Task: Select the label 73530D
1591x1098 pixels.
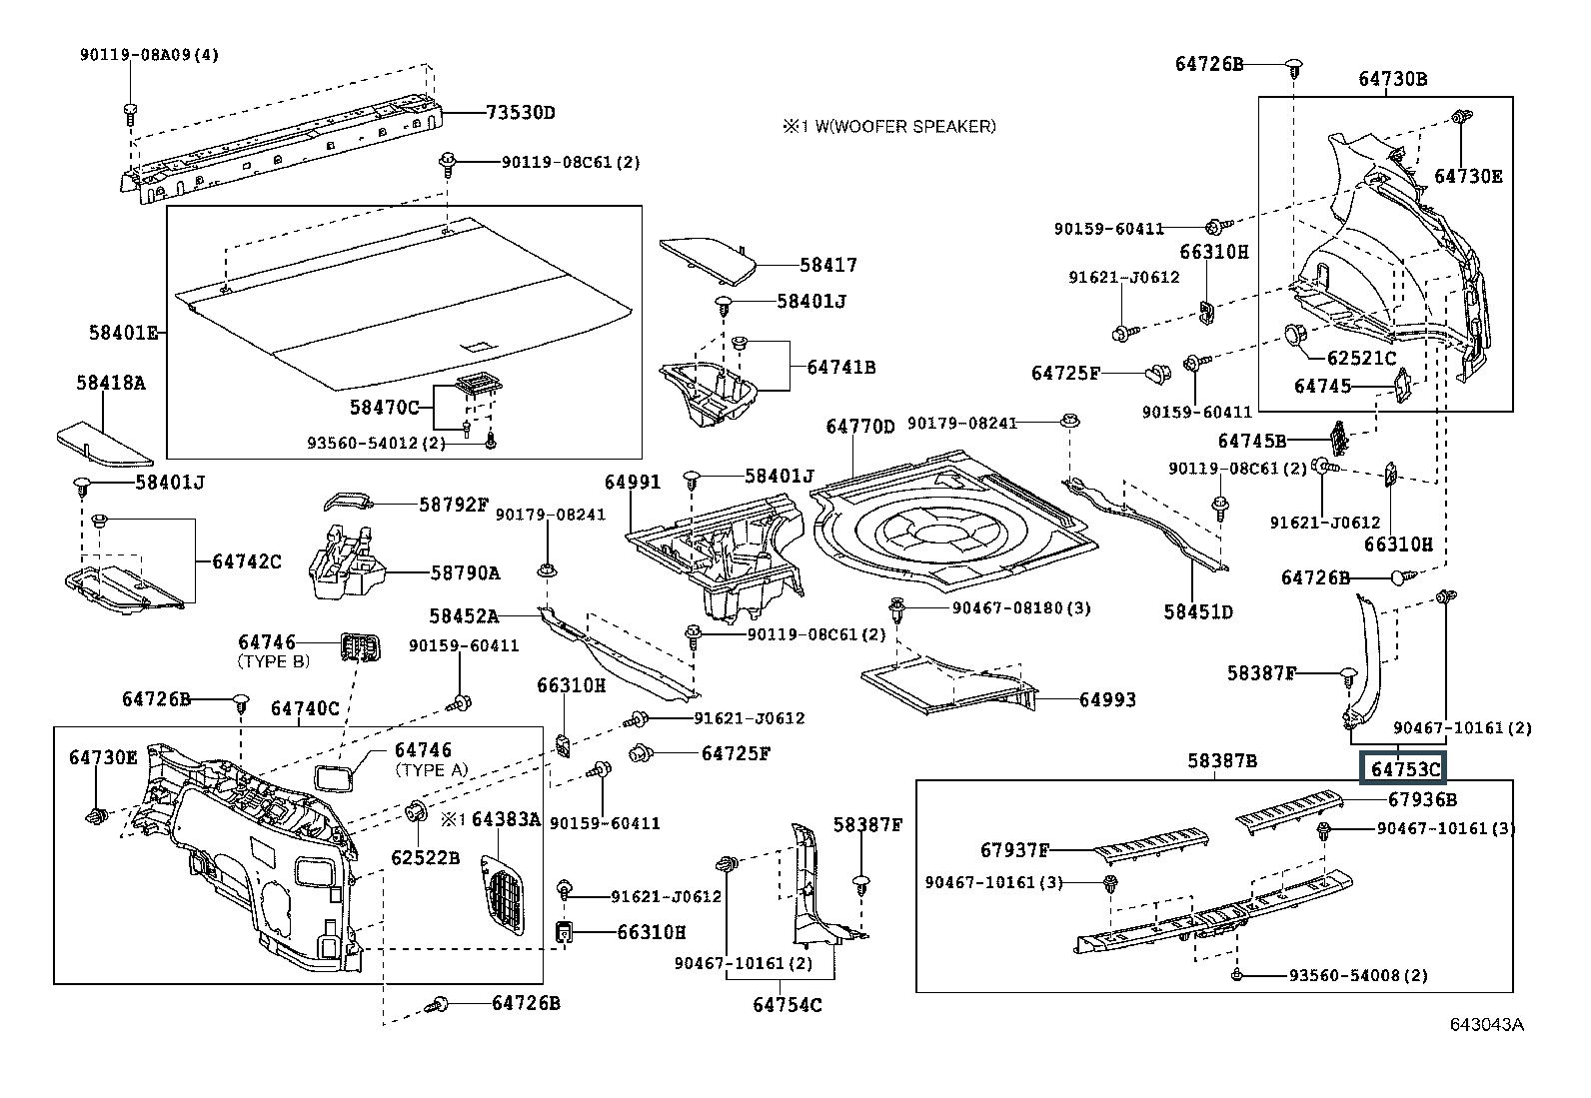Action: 520,113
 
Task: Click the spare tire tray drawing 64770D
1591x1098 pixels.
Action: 949,525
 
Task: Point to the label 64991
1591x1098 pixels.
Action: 633,483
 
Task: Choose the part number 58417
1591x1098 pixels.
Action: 828,266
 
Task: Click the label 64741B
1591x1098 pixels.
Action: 840,368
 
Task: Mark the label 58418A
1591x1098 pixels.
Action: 110,383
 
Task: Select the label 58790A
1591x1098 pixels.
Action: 465,572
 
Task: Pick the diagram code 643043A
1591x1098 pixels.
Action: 1487,1024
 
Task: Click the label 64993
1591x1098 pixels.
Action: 1106,699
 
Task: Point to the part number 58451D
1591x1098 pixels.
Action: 1197,611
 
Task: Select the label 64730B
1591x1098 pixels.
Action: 1392,79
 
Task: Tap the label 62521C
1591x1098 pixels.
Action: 1361,357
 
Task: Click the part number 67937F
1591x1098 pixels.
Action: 1014,850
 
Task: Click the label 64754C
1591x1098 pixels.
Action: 788,1004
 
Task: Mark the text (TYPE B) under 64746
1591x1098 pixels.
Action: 274,661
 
